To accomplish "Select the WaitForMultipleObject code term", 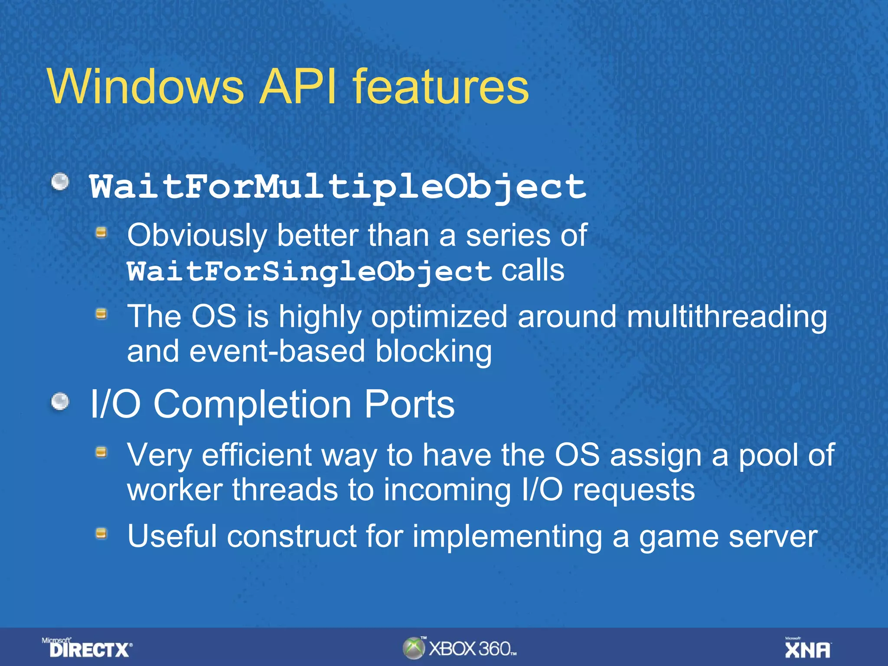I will click(338, 188).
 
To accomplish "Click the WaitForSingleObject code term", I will click(309, 272).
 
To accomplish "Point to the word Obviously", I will click(197, 236).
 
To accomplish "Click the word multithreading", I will click(727, 317).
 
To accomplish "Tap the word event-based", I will click(277, 351).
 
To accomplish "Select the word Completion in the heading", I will click(252, 404).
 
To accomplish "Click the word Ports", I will click(409, 404).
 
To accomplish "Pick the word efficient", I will click(257, 455).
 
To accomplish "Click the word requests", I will click(634, 490).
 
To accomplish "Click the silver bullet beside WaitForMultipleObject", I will click(60, 182).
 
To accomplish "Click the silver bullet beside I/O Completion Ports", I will click(60, 402).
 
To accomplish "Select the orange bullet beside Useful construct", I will click(101, 533).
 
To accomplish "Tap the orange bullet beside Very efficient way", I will click(101, 453).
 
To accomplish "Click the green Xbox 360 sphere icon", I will click(413, 648).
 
